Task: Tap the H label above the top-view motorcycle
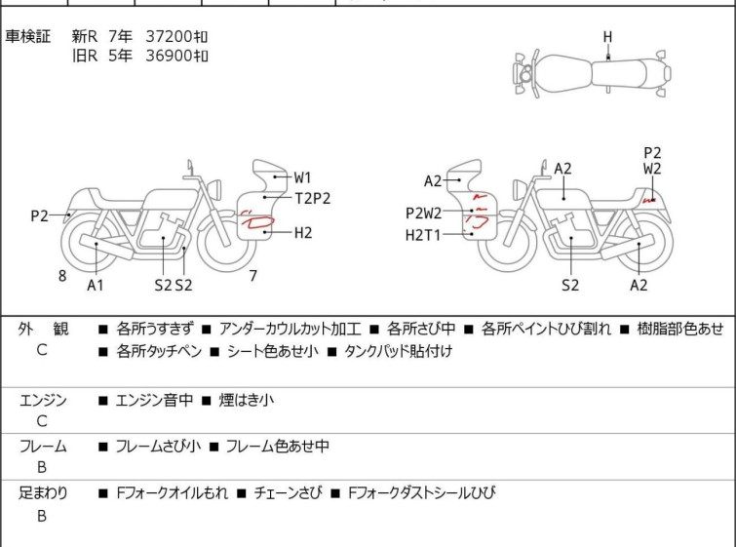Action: point(607,37)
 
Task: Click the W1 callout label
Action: point(303,177)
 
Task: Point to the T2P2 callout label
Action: point(313,198)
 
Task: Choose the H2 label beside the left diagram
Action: point(303,232)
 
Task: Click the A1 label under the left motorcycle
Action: point(96,285)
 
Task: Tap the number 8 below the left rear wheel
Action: point(62,276)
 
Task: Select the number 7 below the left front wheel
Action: point(252,276)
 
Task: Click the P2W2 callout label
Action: point(424,214)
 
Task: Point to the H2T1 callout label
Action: point(424,235)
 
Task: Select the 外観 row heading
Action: point(43,330)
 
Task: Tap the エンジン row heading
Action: point(43,400)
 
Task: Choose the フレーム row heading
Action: point(43,447)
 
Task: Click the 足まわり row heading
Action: point(43,493)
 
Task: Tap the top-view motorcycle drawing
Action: point(591,74)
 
